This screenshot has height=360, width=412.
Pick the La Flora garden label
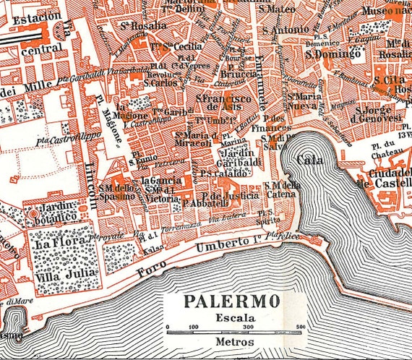(x=51, y=244)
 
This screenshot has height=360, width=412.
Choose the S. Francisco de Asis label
(x=225, y=103)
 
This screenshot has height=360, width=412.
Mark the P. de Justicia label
(x=231, y=195)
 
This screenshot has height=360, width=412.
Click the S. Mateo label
(x=280, y=9)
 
